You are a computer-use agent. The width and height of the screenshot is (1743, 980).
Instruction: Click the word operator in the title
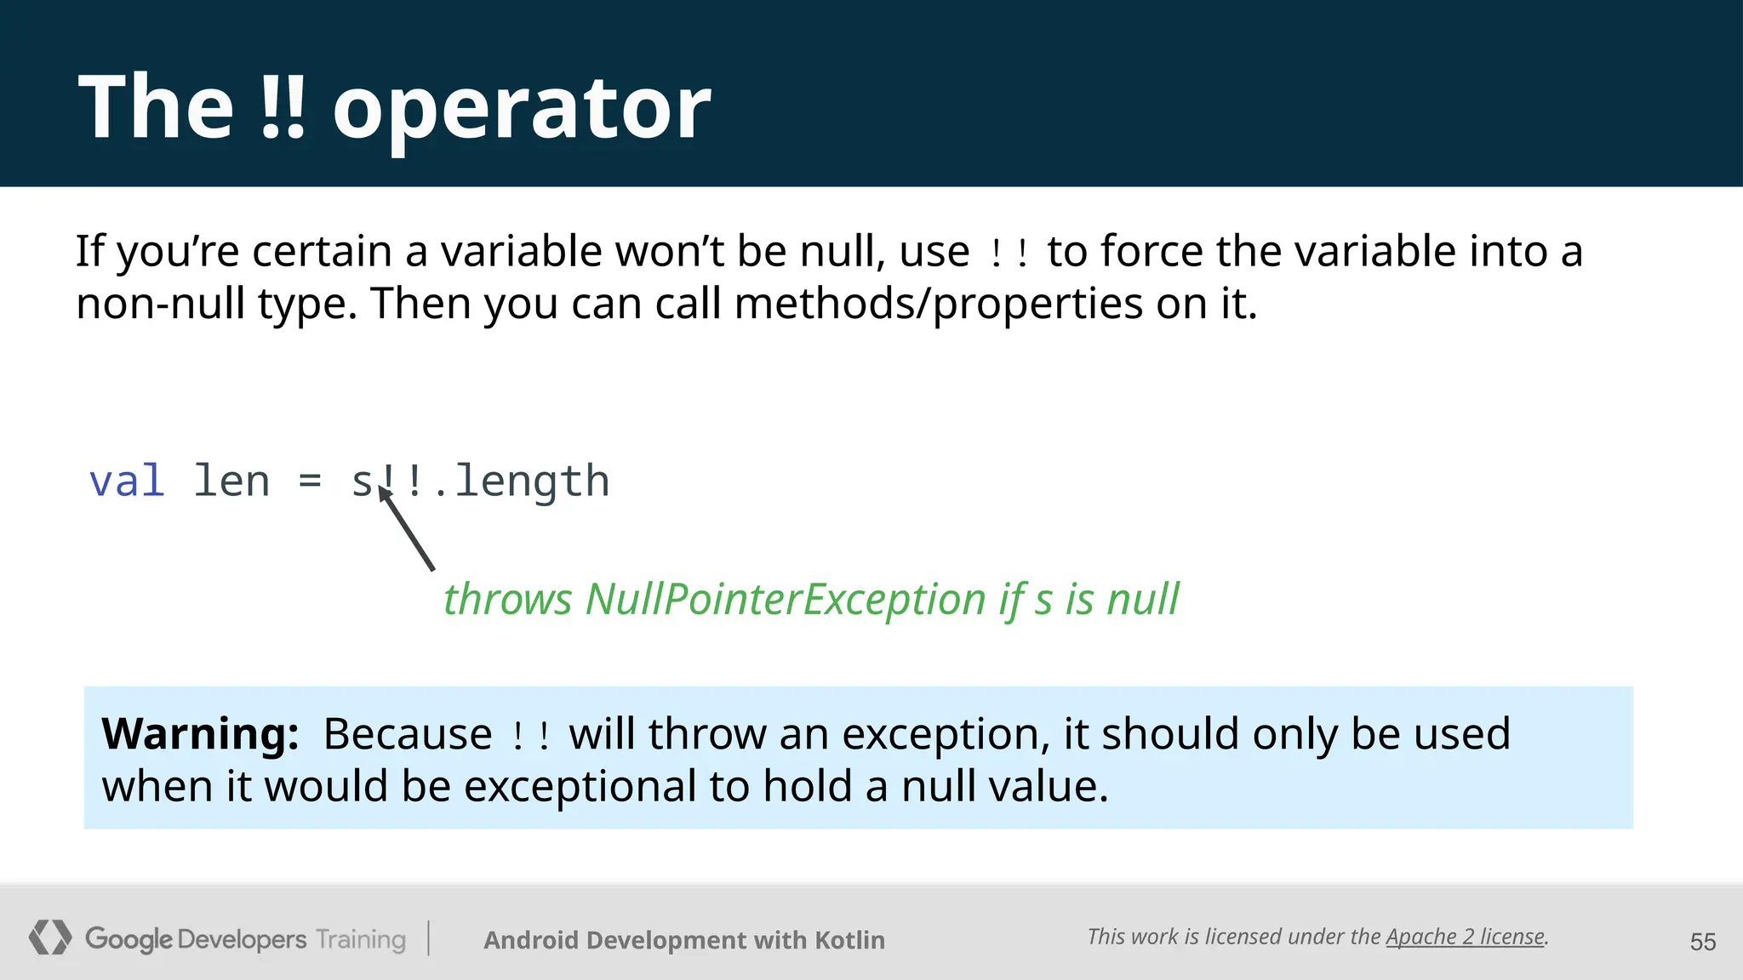[521, 109]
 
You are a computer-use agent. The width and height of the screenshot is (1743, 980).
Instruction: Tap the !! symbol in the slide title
[282, 107]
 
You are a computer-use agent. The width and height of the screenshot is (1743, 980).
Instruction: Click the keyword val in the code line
[127, 481]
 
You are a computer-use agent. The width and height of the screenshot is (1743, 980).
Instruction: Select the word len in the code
[231, 481]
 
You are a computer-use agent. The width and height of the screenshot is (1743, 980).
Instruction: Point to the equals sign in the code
[310, 482]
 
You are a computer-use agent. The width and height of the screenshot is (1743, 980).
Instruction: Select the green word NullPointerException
[785, 599]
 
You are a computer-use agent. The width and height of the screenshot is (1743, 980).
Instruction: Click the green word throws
[507, 599]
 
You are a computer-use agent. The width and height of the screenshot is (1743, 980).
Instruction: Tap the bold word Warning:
[200, 733]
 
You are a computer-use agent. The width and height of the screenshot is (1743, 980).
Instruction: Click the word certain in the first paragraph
[321, 251]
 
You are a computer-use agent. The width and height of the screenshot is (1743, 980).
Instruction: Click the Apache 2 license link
[1465, 937]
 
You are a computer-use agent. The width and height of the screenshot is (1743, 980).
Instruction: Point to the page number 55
[1702, 942]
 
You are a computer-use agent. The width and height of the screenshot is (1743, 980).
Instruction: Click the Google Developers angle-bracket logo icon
[50, 937]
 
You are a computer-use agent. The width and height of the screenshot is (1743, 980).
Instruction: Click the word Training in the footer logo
[361, 939]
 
